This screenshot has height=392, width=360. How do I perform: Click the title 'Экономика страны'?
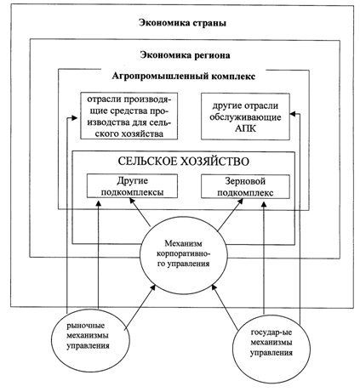coord(182,23)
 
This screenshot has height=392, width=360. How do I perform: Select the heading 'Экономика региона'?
coord(185,55)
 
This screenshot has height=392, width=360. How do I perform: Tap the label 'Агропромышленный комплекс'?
coord(184,77)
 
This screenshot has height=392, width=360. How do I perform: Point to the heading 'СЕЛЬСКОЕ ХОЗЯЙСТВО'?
coord(184,162)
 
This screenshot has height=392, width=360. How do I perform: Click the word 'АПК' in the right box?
coord(245,128)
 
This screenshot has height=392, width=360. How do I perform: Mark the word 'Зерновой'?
coord(245,181)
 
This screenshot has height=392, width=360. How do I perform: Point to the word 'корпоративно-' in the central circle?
coord(184,253)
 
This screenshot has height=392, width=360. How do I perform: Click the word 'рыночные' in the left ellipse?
coord(86,326)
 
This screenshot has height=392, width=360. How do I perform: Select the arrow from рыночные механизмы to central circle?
coord(140,307)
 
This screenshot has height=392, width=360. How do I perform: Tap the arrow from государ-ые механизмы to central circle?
coord(225,308)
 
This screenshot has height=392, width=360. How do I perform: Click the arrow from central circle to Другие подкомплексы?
coord(140,212)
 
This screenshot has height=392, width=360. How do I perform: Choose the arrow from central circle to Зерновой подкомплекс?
coord(231,214)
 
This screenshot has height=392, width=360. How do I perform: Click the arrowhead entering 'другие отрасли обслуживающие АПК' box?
coord(294,114)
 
